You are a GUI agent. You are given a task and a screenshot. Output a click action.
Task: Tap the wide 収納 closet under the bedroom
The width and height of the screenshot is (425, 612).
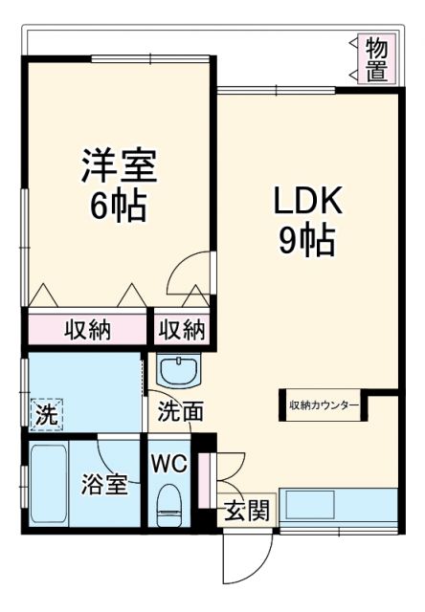88,330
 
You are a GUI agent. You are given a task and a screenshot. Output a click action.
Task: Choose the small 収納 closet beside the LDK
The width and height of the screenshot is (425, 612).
182,330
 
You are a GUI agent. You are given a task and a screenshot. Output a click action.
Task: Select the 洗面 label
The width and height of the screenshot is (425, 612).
180,412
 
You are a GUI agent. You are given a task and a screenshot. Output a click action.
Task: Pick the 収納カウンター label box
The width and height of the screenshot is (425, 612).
324,405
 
